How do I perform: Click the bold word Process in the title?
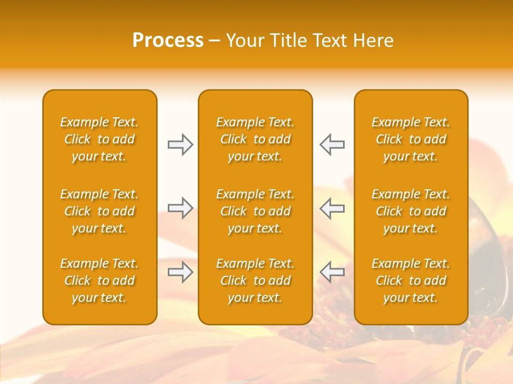pos(168,41)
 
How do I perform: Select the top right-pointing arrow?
pos(181,145)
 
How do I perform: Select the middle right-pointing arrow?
pos(181,208)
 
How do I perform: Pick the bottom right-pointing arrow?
pos(181,273)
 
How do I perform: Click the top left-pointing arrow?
pos(332,145)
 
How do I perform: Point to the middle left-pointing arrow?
pos(332,208)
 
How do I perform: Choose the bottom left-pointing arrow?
pos(332,273)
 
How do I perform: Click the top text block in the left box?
pos(99,139)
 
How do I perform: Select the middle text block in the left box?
pos(99,211)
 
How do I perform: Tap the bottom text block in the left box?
pos(99,281)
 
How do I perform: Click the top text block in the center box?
pos(255,139)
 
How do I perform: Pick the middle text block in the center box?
pos(255,211)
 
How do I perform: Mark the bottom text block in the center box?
pos(255,281)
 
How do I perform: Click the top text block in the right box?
pos(410,139)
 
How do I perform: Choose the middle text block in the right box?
pos(410,211)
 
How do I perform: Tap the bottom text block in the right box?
pos(410,281)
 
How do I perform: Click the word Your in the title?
pos(245,41)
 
